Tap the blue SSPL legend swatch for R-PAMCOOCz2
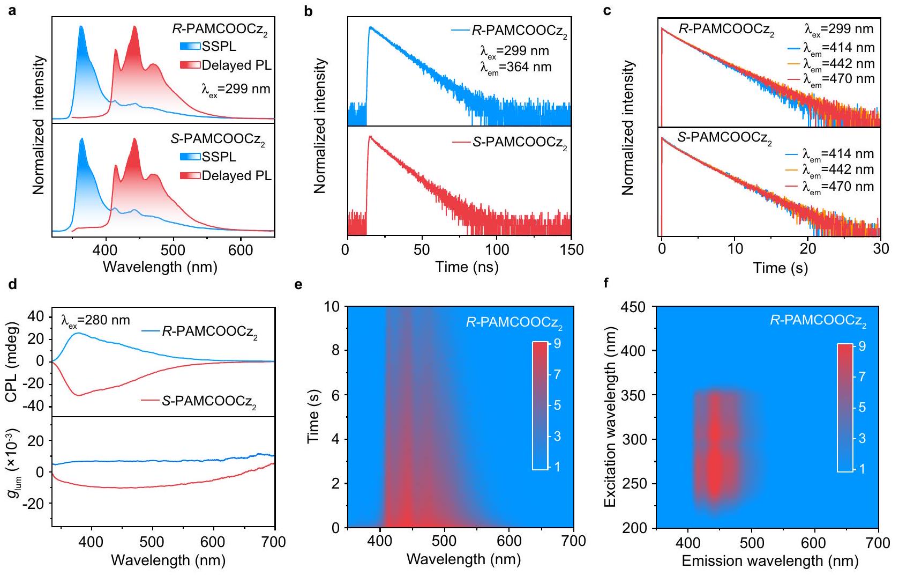pos(190,47)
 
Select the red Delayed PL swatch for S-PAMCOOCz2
pos(190,176)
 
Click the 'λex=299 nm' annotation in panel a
pos(236,89)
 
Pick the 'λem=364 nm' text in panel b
pos(515,68)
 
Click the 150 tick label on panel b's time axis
pos(571,250)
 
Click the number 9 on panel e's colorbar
pos(557,343)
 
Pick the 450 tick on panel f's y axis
pos(636,307)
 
